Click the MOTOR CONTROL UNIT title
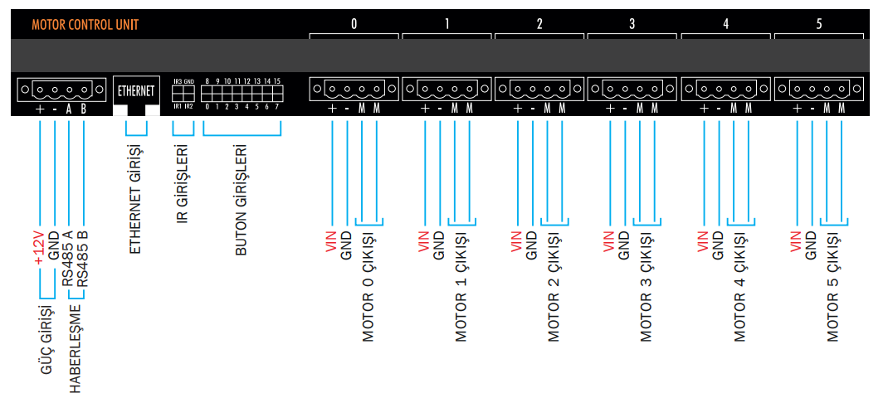pos(85,25)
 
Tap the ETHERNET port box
pos(136,89)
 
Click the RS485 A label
pos(68,257)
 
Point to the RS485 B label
pos(83,257)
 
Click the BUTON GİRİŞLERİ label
pos(242,198)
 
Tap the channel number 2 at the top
pos(539,24)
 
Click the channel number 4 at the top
pos(726,24)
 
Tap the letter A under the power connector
pos(69,109)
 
